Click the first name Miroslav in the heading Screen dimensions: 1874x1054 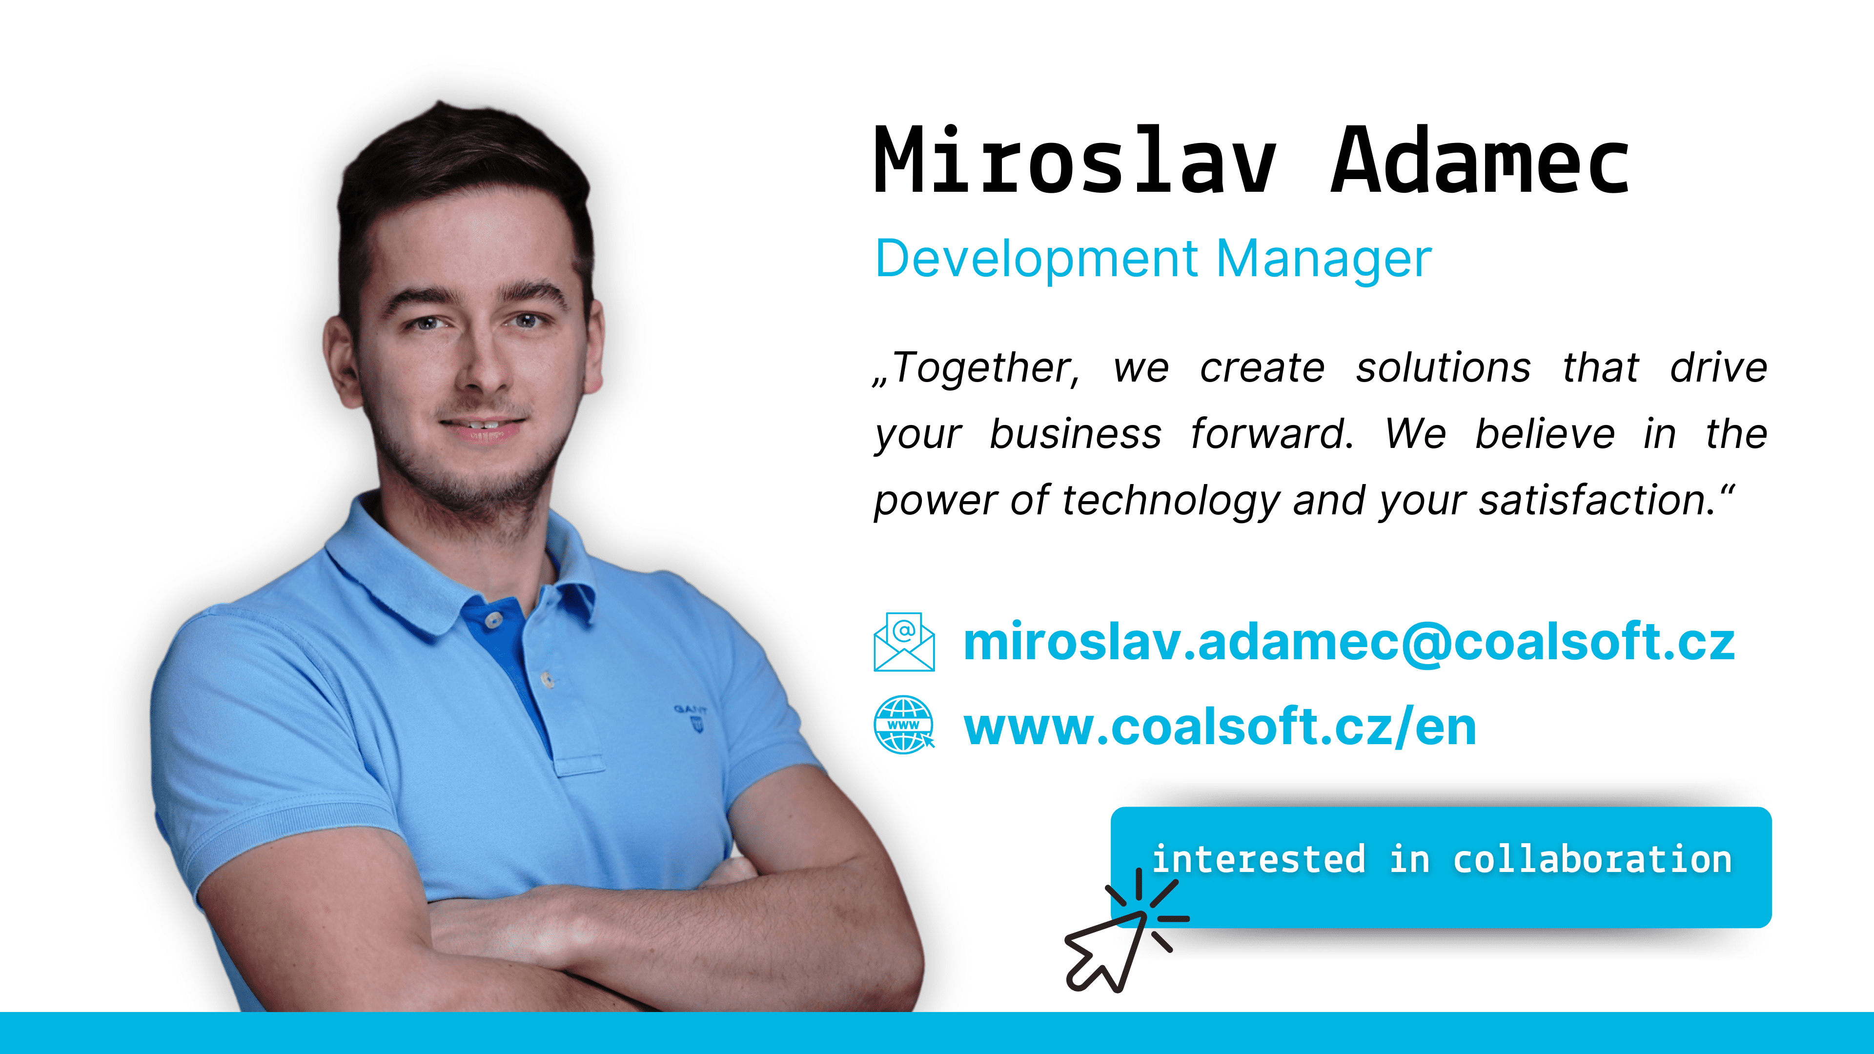tap(1075, 160)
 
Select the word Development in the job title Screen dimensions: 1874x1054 tap(1037, 260)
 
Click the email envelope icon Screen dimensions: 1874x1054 tap(904, 642)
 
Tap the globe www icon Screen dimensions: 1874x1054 tap(904, 725)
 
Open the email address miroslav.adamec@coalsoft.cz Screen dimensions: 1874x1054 tap(1349, 642)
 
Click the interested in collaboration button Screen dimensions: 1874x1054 tap(1441, 867)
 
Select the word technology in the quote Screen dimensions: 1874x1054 tap(1170, 501)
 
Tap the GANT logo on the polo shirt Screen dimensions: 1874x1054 tap(691, 716)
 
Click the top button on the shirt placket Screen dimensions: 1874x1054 tap(494, 620)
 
